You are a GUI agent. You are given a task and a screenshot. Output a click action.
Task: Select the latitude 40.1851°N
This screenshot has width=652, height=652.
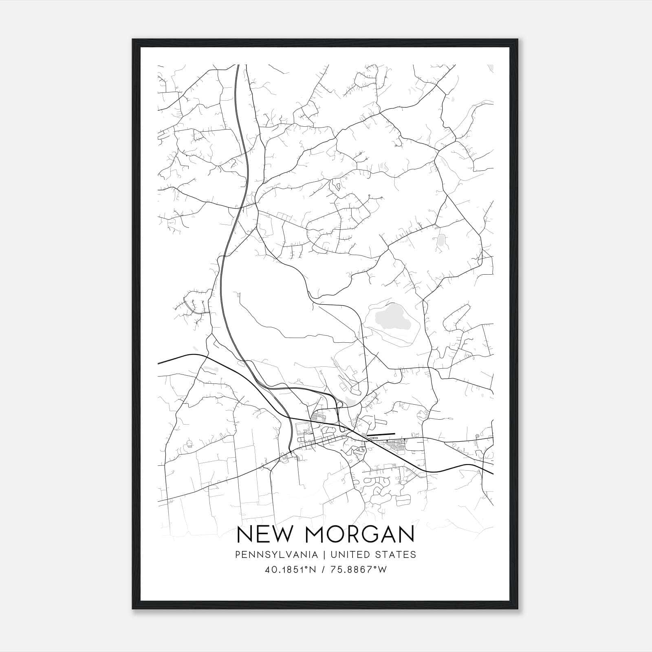pos(291,570)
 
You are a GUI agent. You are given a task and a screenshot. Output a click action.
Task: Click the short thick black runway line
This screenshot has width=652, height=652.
pos(381,434)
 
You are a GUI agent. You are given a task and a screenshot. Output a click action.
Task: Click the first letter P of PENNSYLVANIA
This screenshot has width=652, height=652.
pos(238,555)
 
